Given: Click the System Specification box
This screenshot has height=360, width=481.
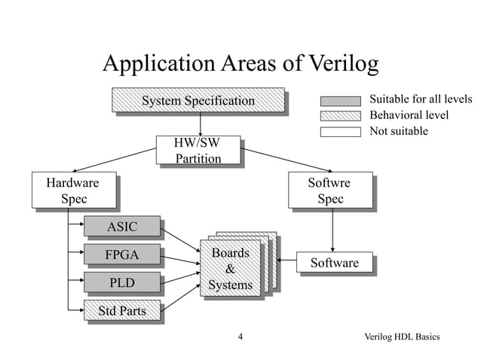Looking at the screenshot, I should (198, 101).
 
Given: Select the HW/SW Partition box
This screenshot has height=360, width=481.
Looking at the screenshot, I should (198, 150).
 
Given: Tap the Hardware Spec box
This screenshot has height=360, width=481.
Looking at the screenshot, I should (72, 191).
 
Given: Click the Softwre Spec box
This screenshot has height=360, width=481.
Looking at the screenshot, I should (330, 191).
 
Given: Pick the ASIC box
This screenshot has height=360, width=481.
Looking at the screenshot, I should (122, 227).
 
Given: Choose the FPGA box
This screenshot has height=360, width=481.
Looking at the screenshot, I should (122, 255).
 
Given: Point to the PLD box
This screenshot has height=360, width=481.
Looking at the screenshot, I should (122, 283).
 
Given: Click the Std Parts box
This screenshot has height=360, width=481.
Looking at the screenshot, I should (122, 310).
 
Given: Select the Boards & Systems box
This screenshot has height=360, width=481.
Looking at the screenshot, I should (230, 269).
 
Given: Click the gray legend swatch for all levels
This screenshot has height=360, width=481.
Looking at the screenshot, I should (340, 101).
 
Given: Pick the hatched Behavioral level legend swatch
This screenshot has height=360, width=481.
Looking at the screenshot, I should (340, 116).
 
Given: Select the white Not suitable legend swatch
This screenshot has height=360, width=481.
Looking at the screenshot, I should (340, 132).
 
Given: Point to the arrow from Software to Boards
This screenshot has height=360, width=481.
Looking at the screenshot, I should (288, 262).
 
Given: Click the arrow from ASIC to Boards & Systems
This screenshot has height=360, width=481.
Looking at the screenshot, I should (181, 237).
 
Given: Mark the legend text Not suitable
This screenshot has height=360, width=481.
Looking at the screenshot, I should (398, 131).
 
